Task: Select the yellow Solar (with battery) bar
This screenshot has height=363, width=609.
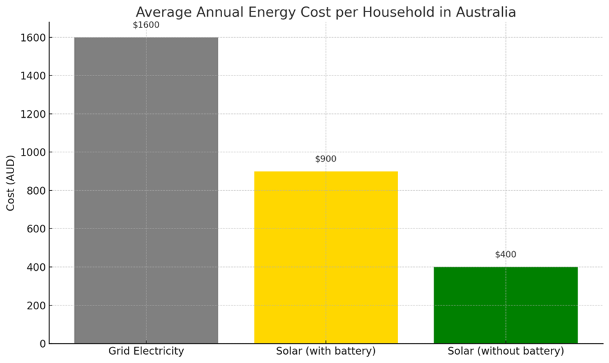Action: pyautogui.click(x=326, y=257)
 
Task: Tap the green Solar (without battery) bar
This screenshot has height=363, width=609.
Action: pyautogui.click(x=505, y=305)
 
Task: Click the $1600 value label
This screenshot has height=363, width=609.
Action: pyautogui.click(x=146, y=25)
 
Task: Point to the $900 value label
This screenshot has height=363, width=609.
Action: pyautogui.click(x=326, y=159)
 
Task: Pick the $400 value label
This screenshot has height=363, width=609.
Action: pyautogui.click(x=505, y=255)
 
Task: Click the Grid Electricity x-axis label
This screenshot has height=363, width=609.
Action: pyautogui.click(x=146, y=351)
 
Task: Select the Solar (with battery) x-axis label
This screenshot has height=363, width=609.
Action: pyautogui.click(x=326, y=351)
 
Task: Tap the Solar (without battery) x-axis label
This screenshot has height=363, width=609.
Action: pyautogui.click(x=505, y=351)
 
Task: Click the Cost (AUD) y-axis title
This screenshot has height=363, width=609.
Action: pyautogui.click(x=11, y=182)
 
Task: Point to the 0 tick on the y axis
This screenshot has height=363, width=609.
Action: pyautogui.click(x=42, y=344)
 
